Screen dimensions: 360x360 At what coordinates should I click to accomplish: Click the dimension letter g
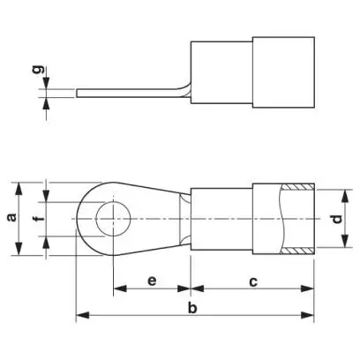(x=39, y=70)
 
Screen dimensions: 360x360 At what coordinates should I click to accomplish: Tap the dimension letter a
(x=12, y=217)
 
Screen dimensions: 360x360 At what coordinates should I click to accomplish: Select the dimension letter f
(x=41, y=219)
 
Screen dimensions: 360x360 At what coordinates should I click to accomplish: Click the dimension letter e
(x=152, y=281)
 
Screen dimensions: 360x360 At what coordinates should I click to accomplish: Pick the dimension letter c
(x=253, y=281)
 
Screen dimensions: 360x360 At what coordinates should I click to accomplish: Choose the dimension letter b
(x=192, y=308)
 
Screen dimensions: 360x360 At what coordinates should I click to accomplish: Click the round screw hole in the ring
(x=113, y=219)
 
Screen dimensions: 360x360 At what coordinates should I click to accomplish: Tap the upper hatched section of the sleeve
(x=297, y=187)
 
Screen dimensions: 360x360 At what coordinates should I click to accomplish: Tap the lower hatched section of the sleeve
(x=297, y=251)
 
